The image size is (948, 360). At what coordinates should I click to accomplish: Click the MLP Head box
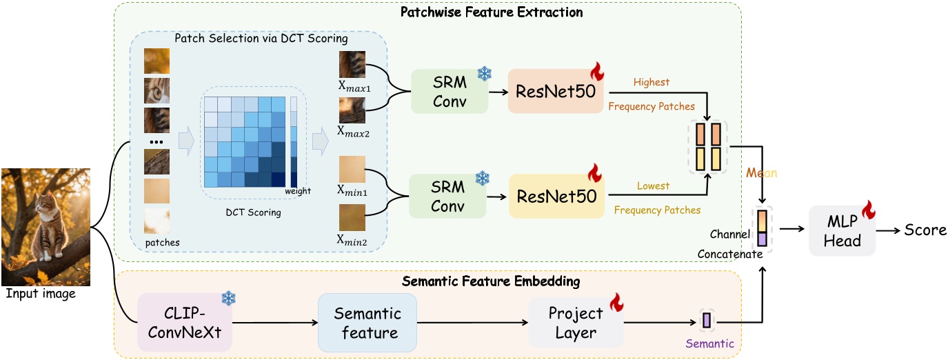tap(843, 230)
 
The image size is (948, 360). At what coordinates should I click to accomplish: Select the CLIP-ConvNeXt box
tap(184, 322)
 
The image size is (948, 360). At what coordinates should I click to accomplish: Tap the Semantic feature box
tap(367, 323)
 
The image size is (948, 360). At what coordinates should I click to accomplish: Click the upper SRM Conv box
tap(449, 92)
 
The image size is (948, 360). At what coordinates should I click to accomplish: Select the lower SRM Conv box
tap(447, 196)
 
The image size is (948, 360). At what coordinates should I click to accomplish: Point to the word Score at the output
tap(925, 230)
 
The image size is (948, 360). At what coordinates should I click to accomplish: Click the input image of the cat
tap(46, 227)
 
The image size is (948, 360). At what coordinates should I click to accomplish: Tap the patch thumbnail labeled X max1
tap(352, 64)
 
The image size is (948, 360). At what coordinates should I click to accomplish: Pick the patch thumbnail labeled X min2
tap(352, 217)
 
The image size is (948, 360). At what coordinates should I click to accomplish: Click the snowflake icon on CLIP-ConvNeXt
tap(228, 298)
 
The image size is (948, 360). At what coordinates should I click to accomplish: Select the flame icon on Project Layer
tap(616, 302)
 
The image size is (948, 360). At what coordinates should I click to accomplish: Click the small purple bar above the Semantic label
tap(706, 320)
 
